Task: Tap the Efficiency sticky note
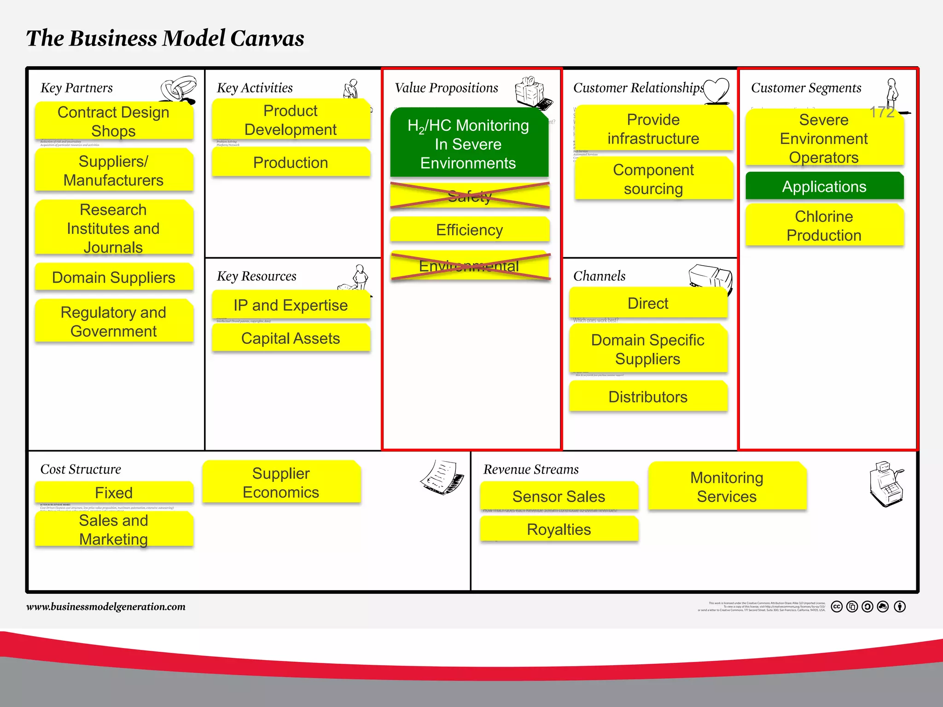(x=470, y=230)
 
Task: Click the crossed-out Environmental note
(x=470, y=266)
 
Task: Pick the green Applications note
(x=824, y=186)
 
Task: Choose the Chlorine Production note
(x=824, y=226)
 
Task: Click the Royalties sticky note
(x=559, y=529)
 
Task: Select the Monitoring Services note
(x=727, y=487)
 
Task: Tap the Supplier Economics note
(x=281, y=482)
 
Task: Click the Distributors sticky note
(x=648, y=396)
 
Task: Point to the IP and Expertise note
(x=291, y=305)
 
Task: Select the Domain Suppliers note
(x=114, y=278)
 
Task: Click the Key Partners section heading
(x=76, y=87)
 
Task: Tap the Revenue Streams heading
(x=531, y=469)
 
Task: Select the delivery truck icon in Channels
(x=710, y=278)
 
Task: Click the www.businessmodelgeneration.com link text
(x=106, y=607)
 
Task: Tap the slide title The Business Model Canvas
(x=165, y=38)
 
